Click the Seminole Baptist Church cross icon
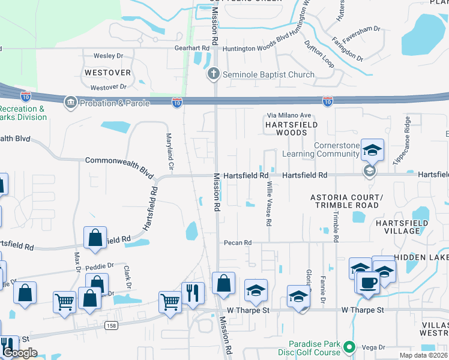click(212, 74)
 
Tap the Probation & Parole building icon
click(71, 101)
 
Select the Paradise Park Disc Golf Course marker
click(349, 346)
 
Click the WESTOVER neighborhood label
click(107, 72)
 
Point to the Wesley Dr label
click(108, 56)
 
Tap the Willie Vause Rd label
click(270, 204)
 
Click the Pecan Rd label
click(237, 243)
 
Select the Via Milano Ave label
click(289, 115)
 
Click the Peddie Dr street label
click(99, 265)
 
